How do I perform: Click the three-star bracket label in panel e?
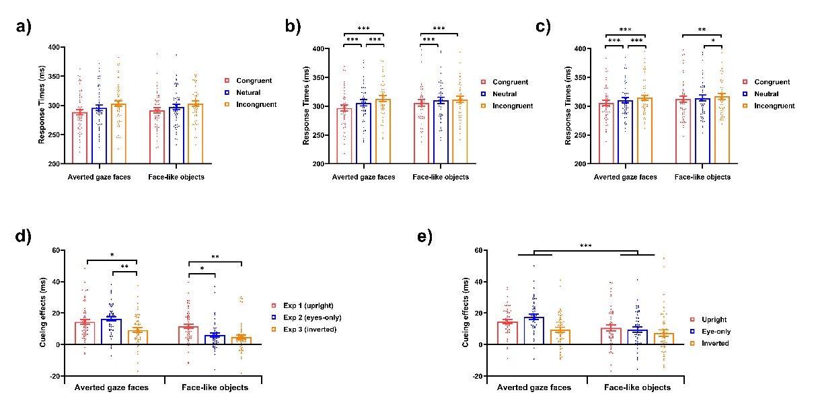coord(585,247)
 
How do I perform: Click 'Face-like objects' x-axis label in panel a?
coord(178,176)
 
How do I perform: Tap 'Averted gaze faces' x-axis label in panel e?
coord(534,387)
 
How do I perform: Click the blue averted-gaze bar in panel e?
coord(535,330)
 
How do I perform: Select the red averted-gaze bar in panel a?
coord(80,138)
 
